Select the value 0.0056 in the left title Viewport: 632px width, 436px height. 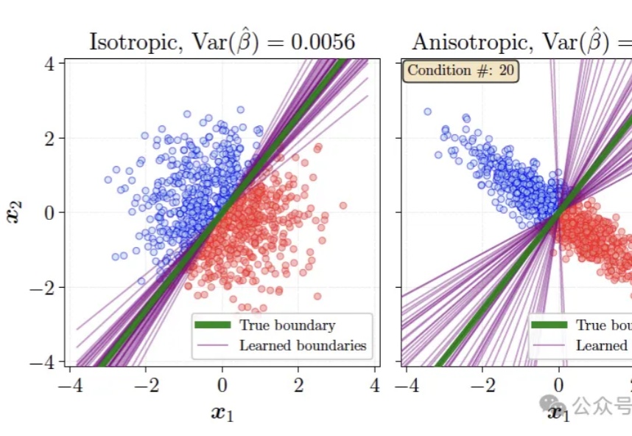click(x=323, y=42)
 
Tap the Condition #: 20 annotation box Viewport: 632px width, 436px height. click(x=461, y=71)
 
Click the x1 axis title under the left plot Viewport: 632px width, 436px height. click(x=222, y=412)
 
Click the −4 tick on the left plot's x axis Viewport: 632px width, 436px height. click(x=69, y=385)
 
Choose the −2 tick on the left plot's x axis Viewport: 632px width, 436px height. click(x=145, y=385)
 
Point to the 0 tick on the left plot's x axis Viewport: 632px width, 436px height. click(x=222, y=385)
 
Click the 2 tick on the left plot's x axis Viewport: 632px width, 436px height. click(x=299, y=385)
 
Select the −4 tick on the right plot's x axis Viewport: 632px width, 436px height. click(x=406, y=385)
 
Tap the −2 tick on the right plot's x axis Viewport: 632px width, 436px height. click(x=482, y=385)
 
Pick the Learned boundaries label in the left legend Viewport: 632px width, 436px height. click(x=302, y=345)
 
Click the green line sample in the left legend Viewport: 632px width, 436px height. click(x=212, y=325)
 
